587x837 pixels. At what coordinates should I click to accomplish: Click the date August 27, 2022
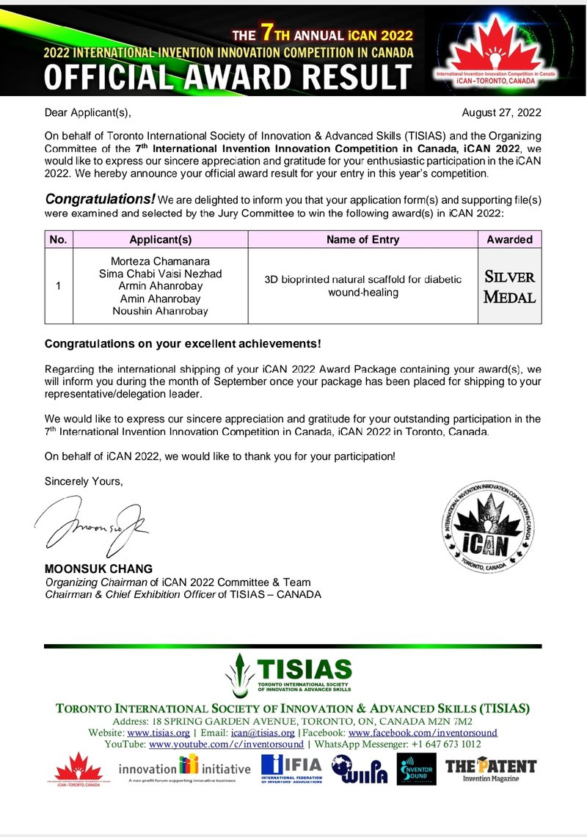click(x=502, y=113)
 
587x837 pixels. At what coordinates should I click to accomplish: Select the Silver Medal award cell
click(x=509, y=286)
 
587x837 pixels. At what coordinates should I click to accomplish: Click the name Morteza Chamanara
click(x=161, y=262)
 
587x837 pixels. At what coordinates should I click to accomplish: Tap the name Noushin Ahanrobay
click(x=161, y=311)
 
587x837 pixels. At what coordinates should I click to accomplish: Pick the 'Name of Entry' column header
click(x=362, y=239)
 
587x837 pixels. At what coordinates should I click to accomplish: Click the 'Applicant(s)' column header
click(x=161, y=239)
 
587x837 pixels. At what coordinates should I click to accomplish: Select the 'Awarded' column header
click(x=509, y=239)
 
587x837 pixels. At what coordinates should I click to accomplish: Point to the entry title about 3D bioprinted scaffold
click(x=362, y=286)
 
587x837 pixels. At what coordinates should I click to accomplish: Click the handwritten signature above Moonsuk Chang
click(x=92, y=523)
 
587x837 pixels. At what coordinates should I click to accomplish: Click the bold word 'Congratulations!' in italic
click(x=101, y=199)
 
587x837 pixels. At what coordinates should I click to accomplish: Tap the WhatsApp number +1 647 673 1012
click(x=445, y=743)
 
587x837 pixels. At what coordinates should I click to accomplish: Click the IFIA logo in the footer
click(x=291, y=768)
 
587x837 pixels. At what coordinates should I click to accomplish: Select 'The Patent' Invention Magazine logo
click(x=491, y=769)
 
